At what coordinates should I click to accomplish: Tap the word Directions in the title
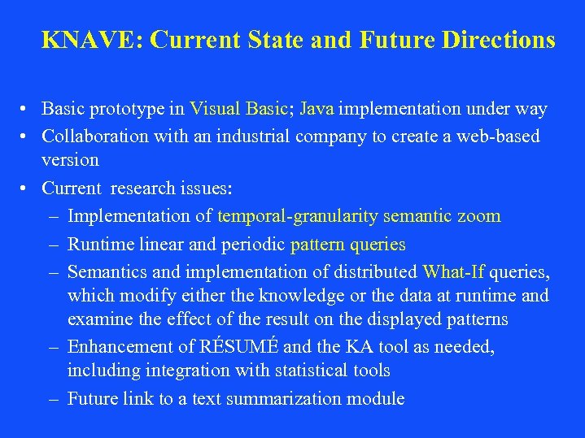(499, 39)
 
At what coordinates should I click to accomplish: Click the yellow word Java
(317, 109)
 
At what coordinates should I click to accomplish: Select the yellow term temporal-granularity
(297, 216)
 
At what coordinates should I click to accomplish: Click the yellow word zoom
(479, 216)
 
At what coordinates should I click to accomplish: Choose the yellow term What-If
(453, 272)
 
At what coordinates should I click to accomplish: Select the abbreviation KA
(358, 347)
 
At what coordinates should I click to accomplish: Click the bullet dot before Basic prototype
(28, 109)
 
